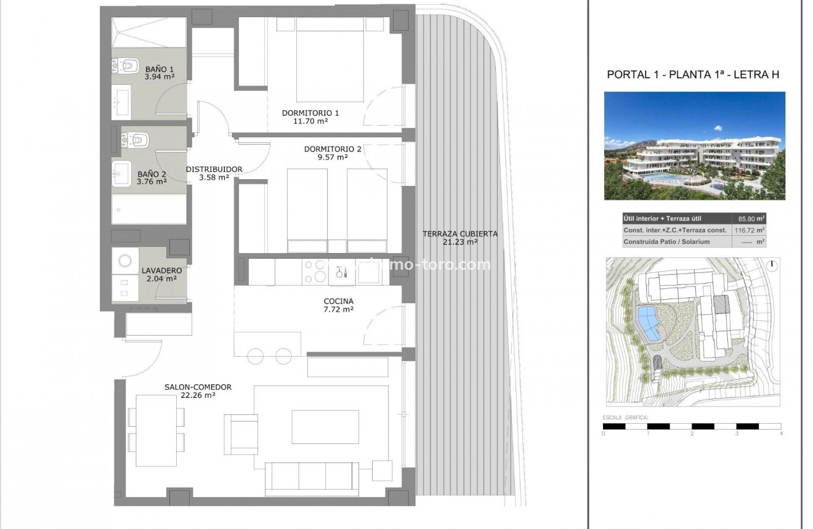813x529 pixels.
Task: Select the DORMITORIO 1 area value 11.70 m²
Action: tap(310, 121)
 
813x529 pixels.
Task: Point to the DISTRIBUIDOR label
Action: tap(214, 169)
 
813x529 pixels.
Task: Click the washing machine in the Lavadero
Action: tap(124, 260)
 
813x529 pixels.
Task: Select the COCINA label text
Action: tap(339, 301)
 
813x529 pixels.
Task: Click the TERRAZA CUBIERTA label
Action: tap(460, 234)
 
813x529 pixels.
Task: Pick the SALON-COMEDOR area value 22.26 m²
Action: tap(198, 395)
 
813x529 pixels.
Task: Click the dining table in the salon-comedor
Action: tap(156, 430)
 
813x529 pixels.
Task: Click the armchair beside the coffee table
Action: tap(241, 434)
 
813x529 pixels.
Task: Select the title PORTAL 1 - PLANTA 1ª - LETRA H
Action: tap(693, 75)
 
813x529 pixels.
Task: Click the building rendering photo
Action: tap(694, 145)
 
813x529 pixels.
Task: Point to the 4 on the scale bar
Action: tap(781, 434)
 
